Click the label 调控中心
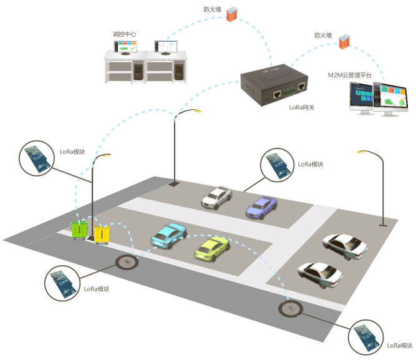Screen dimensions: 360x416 click(125, 34)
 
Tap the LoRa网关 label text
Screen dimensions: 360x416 click(302, 107)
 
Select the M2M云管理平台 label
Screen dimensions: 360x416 click(350, 75)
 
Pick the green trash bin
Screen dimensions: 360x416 click(79, 230)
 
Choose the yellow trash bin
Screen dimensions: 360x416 click(101, 233)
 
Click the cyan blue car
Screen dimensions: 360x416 click(168, 235)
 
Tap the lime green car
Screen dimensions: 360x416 click(211, 248)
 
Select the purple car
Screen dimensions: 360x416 click(261, 207)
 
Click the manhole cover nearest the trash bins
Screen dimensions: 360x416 click(127, 262)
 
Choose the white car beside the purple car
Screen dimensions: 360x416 click(216, 197)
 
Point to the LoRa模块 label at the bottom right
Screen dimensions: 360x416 click(400, 345)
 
